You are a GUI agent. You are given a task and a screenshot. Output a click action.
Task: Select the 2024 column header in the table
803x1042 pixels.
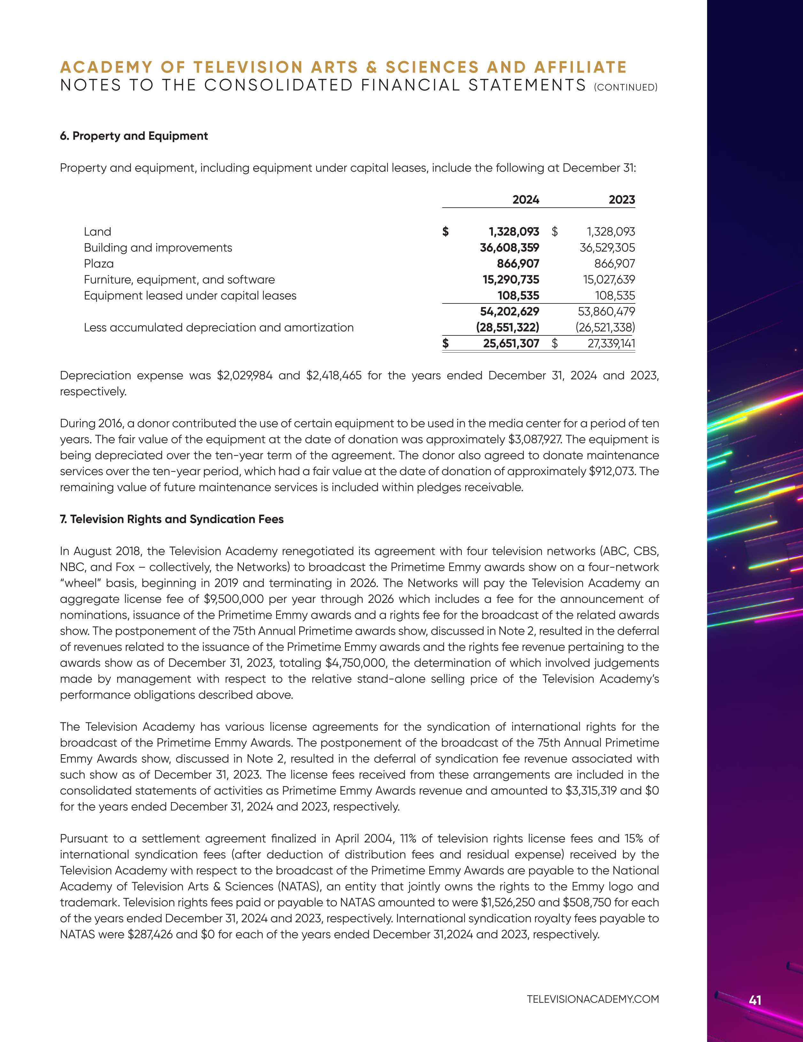[526, 200]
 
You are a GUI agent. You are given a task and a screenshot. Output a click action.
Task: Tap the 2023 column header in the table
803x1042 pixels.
[621, 200]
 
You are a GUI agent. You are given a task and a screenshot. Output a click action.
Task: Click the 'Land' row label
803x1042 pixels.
[97, 232]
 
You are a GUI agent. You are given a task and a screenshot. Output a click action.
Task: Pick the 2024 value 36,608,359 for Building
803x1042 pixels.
[510, 248]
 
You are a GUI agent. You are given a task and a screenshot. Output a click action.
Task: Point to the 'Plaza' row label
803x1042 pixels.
[99, 264]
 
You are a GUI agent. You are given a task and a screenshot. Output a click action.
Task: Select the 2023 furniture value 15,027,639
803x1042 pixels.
[606, 280]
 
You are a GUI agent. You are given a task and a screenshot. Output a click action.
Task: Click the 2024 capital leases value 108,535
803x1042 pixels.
[518, 296]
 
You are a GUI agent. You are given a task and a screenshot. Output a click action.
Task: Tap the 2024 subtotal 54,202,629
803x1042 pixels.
[510, 311]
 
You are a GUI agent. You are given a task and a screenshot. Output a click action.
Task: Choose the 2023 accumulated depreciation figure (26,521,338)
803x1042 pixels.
[605, 328]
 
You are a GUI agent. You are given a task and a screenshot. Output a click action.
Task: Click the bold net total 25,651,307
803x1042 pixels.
[511, 343]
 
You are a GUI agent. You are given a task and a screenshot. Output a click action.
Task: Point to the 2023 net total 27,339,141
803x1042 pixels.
[611, 343]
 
